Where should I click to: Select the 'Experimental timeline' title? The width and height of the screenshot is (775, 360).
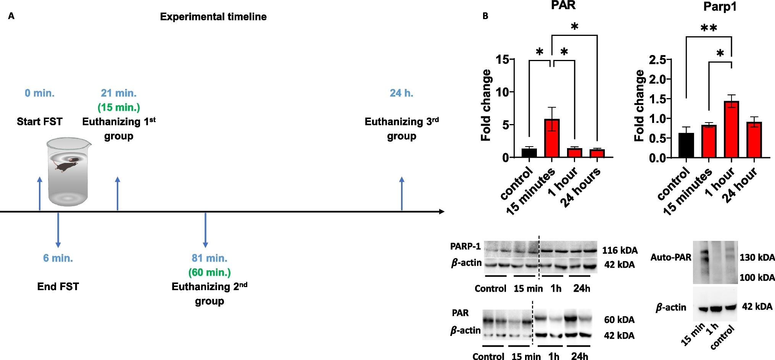tap(213, 17)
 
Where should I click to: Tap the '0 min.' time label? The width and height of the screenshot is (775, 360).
tap(39, 93)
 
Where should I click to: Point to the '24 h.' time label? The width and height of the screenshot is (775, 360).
tap(401, 93)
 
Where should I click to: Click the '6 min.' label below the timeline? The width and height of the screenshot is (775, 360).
tap(58, 258)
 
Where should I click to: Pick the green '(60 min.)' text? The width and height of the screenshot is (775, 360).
tap(209, 273)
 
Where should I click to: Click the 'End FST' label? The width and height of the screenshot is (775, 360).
tap(58, 287)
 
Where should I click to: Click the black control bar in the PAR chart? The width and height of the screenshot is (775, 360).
tap(529, 153)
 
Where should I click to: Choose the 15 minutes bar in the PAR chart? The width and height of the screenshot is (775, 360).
tap(552, 138)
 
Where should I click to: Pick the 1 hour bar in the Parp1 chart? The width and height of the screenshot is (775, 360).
tap(731, 129)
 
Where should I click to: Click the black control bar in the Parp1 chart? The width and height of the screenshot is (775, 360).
tap(686, 145)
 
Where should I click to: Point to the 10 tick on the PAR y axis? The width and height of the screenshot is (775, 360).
tap(503, 92)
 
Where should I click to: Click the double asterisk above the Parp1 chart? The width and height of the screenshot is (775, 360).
tap(709, 28)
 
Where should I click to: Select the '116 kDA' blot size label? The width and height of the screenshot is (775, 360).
tap(620, 250)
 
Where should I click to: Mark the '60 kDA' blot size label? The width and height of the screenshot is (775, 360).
tap(619, 320)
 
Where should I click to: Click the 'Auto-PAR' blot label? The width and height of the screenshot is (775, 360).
tap(671, 258)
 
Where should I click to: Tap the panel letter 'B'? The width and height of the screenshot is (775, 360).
tap(485, 16)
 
